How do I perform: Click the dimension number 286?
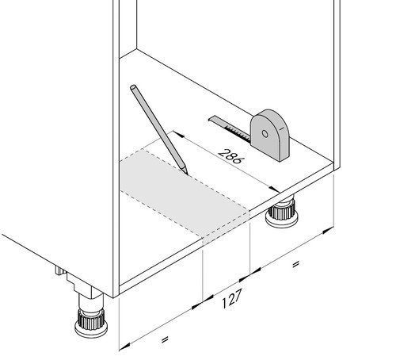point(231,156)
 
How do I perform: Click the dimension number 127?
point(231,299)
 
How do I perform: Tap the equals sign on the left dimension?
point(165,339)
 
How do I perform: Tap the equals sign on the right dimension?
point(296,264)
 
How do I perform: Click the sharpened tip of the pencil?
point(188,174)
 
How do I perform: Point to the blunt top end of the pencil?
point(133,87)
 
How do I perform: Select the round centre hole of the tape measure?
point(265,134)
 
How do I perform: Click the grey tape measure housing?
point(270,135)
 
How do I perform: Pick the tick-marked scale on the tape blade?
point(238,132)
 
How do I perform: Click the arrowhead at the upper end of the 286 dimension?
point(177,134)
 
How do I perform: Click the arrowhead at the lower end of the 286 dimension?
point(275,190)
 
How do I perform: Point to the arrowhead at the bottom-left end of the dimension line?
point(124,347)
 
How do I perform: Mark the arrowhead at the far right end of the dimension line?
point(329,230)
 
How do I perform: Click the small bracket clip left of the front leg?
point(59,271)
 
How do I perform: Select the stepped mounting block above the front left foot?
point(84,286)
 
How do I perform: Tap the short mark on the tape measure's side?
point(282,129)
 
